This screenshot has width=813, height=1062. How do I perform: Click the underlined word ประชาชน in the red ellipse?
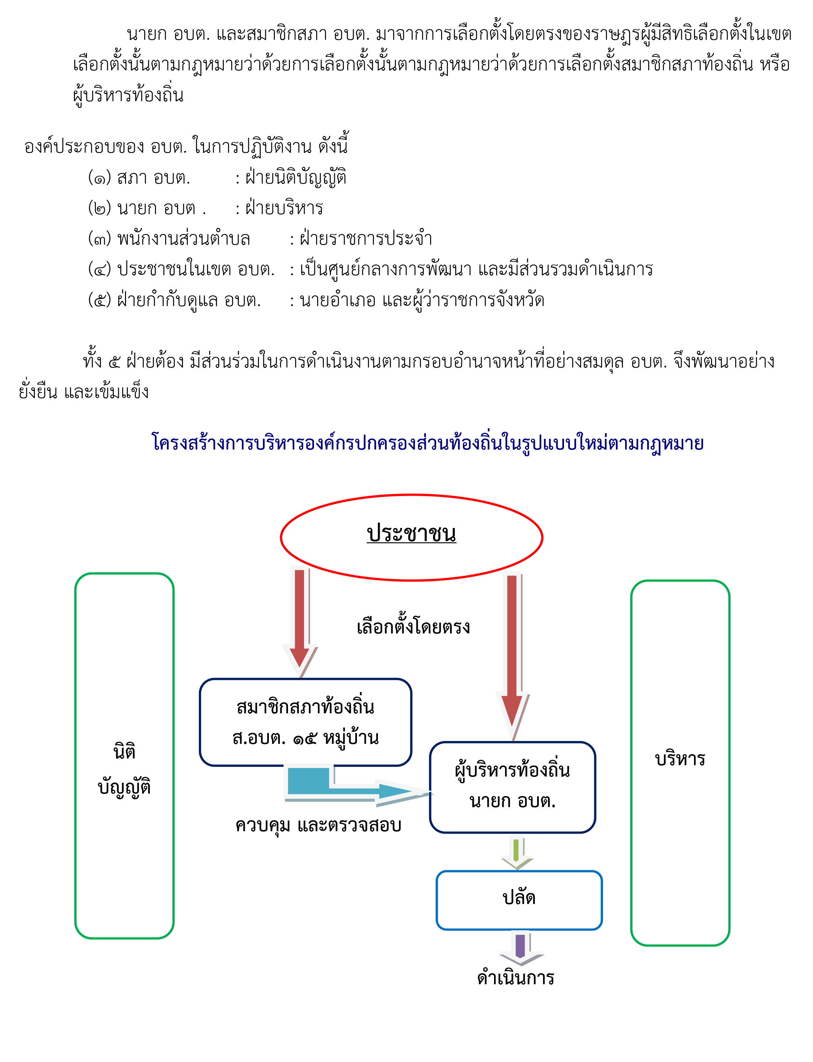point(411,534)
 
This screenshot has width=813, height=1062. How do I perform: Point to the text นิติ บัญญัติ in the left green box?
point(124,769)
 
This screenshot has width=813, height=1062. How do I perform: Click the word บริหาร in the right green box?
point(680,759)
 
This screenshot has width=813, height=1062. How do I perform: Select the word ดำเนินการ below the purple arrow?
point(516,978)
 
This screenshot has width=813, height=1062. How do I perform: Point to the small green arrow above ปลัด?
point(517,853)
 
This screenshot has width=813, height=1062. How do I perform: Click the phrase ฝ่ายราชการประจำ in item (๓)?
point(366,239)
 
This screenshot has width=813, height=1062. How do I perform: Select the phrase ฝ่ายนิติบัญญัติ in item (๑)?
point(296,178)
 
